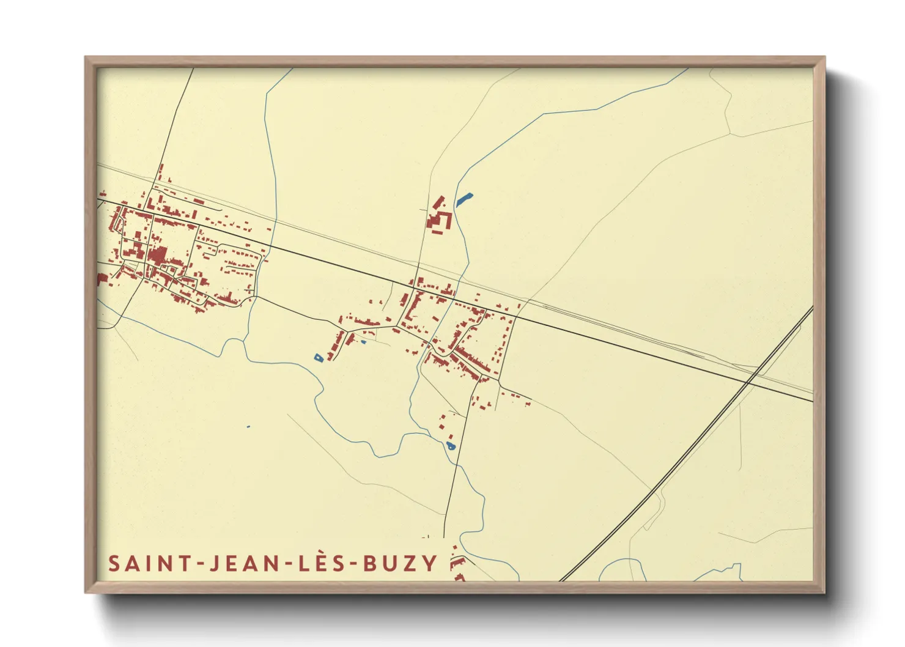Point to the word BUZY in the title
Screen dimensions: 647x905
pos(401,563)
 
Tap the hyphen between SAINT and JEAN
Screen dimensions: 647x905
pos(199,564)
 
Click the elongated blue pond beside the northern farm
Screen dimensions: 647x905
pos(464,199)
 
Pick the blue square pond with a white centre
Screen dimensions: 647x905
pos(318,357)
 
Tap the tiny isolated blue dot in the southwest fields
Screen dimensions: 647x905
pos(248,426)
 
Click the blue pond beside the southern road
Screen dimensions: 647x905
pos(451,446)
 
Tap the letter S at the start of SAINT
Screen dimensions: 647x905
pos(114,563)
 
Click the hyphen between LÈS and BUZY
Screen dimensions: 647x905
pos(352,564)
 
